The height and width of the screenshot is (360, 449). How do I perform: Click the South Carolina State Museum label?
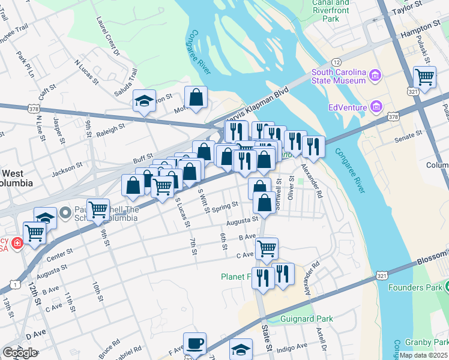pos(338,76)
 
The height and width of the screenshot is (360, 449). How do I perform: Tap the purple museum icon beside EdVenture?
pos(376,107)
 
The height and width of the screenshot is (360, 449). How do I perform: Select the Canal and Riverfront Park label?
pos(330,11)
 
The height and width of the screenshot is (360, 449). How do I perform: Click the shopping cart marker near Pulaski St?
pos(424,77)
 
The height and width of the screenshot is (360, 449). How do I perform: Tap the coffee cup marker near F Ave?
pos(194,343)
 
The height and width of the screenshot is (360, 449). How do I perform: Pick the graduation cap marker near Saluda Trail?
pos(144,101)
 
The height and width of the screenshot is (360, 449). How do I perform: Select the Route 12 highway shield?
pos(336,62)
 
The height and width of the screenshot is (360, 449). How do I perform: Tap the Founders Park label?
pos(414,287)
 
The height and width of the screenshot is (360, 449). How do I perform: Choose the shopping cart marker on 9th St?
pos(98,210)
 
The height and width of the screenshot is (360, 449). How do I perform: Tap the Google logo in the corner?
pos(20,353)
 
